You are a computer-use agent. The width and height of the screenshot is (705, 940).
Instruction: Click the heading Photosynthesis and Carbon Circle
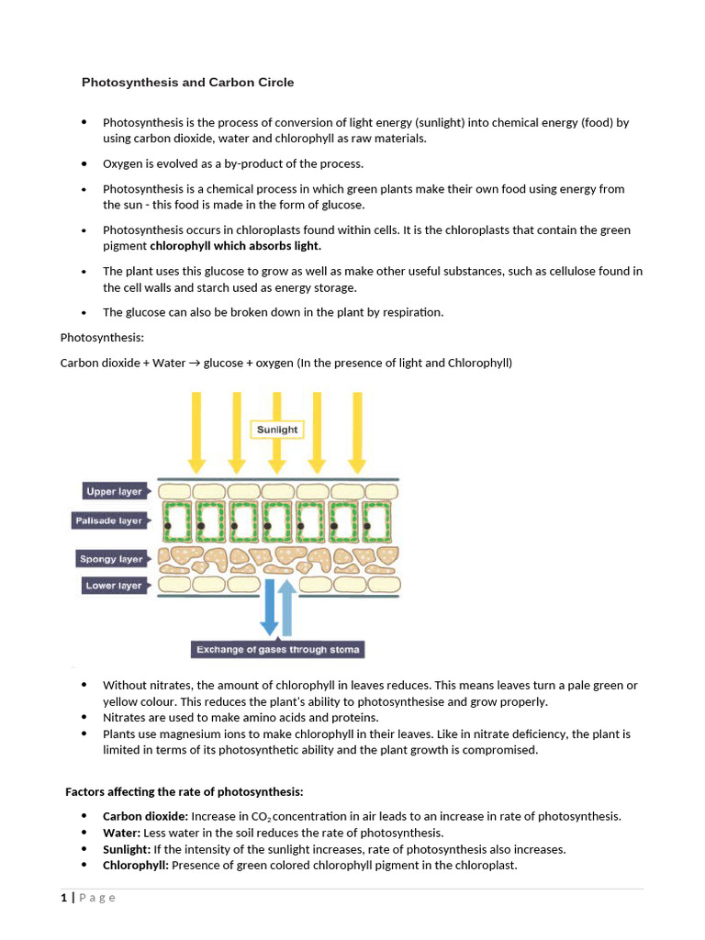click(188, 83)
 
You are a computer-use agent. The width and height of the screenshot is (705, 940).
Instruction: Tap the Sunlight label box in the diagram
click(276, 430)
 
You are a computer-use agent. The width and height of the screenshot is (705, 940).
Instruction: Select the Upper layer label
click(114, 491)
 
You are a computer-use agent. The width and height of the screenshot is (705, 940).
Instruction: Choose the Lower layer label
click(114, 585)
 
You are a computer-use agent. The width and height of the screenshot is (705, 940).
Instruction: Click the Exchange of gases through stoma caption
click(277, 650)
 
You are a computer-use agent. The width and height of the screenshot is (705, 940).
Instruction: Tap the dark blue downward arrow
click(269, 607)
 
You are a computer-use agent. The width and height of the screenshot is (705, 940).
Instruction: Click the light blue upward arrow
click(287, 607)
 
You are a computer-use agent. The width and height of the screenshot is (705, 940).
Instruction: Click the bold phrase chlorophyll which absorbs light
click(236, 246)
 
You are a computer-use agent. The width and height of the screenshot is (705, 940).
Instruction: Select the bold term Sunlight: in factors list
click(126, 849)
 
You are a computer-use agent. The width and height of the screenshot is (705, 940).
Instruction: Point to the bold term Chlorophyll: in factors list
click(135, 866)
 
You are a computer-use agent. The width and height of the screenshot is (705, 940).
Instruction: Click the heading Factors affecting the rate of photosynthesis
click(184, 791)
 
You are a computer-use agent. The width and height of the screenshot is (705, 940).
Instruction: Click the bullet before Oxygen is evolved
click(84, 163)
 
